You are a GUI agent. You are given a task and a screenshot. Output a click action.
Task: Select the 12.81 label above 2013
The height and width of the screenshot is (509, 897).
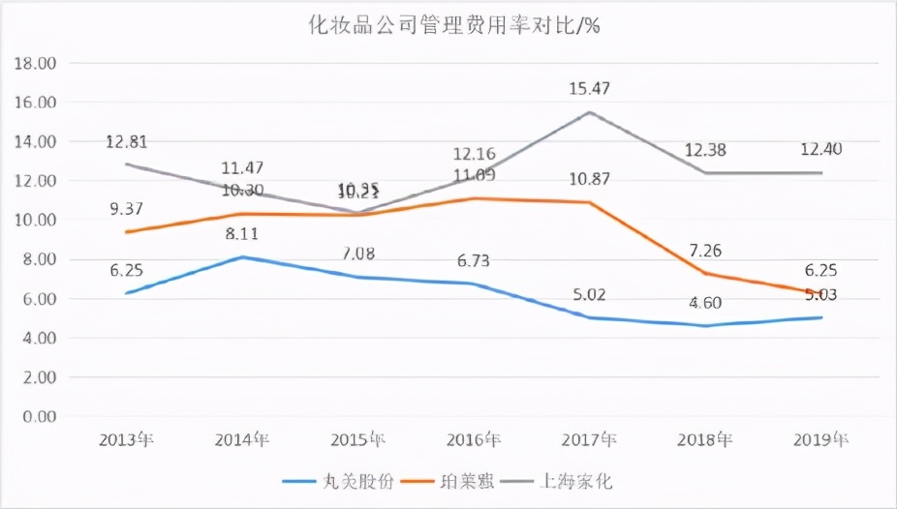tap(127, 142)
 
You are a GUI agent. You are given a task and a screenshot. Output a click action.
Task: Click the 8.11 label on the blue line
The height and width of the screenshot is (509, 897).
tap(242, 233)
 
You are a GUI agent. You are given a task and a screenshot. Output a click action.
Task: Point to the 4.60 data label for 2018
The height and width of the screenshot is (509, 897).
tap(705, 303)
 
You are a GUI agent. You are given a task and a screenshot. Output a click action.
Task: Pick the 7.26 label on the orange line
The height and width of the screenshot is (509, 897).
tap(705, 250)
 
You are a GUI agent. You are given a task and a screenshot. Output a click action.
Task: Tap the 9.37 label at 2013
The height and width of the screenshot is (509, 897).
tap(127, 208)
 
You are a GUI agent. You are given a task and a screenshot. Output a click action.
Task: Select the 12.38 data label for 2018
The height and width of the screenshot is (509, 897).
tap(705, 150)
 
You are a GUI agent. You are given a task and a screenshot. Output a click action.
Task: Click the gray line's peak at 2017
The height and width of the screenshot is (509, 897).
tap(589, 112)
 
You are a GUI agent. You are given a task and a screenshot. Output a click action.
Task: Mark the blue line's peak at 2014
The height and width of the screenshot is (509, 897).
tap(242, 256)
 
